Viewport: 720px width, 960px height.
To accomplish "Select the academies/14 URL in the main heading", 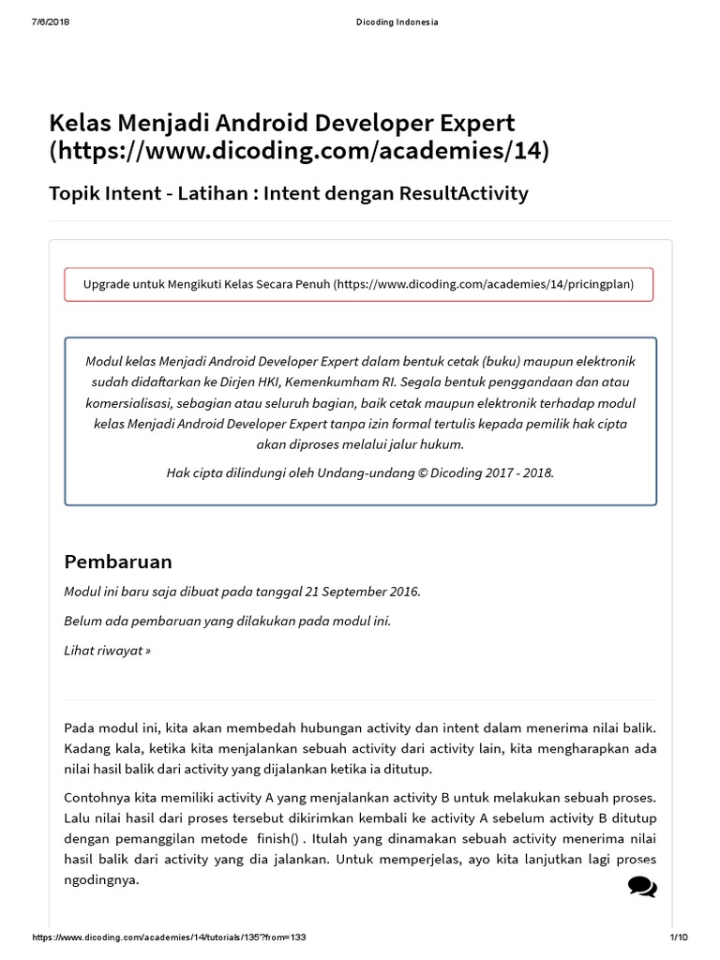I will [x=299, y=150].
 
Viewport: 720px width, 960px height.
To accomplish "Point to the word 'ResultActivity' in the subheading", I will [x=464, y=194].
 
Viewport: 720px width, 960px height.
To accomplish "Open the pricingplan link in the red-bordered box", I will [x=484, y=283].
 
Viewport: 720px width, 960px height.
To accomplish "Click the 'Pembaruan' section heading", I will [x=118, y=562].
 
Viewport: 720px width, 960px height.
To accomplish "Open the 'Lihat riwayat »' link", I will [x=107, y=651].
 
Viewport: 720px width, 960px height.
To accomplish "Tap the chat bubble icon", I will [x=642, y=886].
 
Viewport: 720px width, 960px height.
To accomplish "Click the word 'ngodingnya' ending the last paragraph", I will [x=100, y=879].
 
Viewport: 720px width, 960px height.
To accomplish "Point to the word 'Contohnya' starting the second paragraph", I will [x=96, y=797].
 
